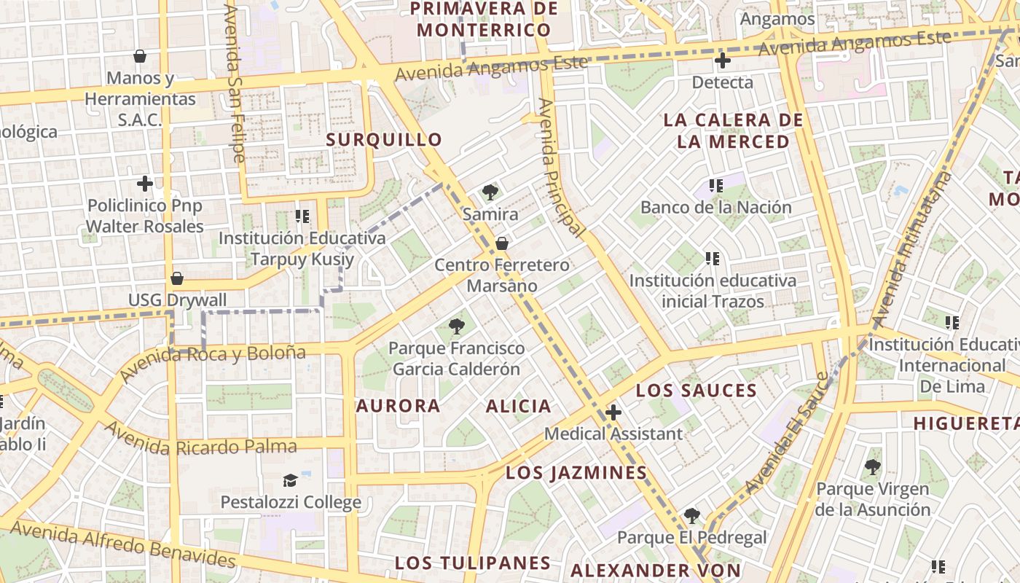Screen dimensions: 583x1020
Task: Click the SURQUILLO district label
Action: click(384, 139)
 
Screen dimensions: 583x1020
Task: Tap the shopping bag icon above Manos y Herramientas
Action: click(140, 56)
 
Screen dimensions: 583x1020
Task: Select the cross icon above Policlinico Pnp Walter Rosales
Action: click(145, 184)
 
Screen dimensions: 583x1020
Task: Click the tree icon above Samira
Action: click(490, 192)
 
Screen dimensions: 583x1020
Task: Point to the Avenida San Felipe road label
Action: click(234, 84)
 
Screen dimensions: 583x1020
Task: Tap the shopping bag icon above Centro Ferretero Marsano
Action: click(501, 243)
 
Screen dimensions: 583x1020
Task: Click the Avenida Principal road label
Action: click(561, 168)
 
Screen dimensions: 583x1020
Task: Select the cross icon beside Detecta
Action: click(722, 60)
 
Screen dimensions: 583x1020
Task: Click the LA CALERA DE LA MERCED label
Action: click(733, 130)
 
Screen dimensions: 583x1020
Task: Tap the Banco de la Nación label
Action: click(715, 207)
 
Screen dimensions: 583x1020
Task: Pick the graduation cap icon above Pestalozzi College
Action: click(290, 480)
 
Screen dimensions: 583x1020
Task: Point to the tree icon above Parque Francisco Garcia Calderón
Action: click(457, 326)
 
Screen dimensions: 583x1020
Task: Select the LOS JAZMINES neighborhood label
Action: click(576, 472)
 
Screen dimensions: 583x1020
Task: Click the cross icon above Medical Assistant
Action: click(613, 412)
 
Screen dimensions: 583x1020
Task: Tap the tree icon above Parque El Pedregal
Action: click(691, 516)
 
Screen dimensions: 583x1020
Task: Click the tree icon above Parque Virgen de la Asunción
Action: click(872, 466)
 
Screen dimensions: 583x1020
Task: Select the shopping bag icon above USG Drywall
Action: click(176, 278)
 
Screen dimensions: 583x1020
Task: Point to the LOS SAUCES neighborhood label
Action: click(697, 391)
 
